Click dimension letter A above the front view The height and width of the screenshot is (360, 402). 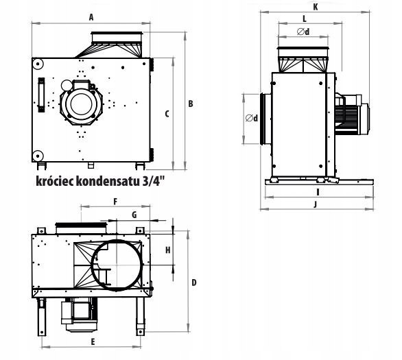pyautogui.click(x=91, y=17)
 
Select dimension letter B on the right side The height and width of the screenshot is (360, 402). pyautogui.click(x=191, y=104)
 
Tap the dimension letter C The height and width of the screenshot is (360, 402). pyautogui.click(x=167, y=114)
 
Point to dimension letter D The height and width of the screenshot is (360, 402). pyautogui.click(x=194, y=283)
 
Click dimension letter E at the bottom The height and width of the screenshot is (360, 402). pyautogui.click(x=93, y=341)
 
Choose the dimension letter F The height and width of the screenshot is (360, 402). pyautogui.click(x=115, y=202)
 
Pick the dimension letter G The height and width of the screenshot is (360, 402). pyautogui.click(x=134, y=215)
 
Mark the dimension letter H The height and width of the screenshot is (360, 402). pyautogui.click(x=167, y=250)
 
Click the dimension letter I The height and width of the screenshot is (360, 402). pyautogui.click(x=318, y=192)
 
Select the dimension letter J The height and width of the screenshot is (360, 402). pyautogui.click(x=316, y=204)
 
